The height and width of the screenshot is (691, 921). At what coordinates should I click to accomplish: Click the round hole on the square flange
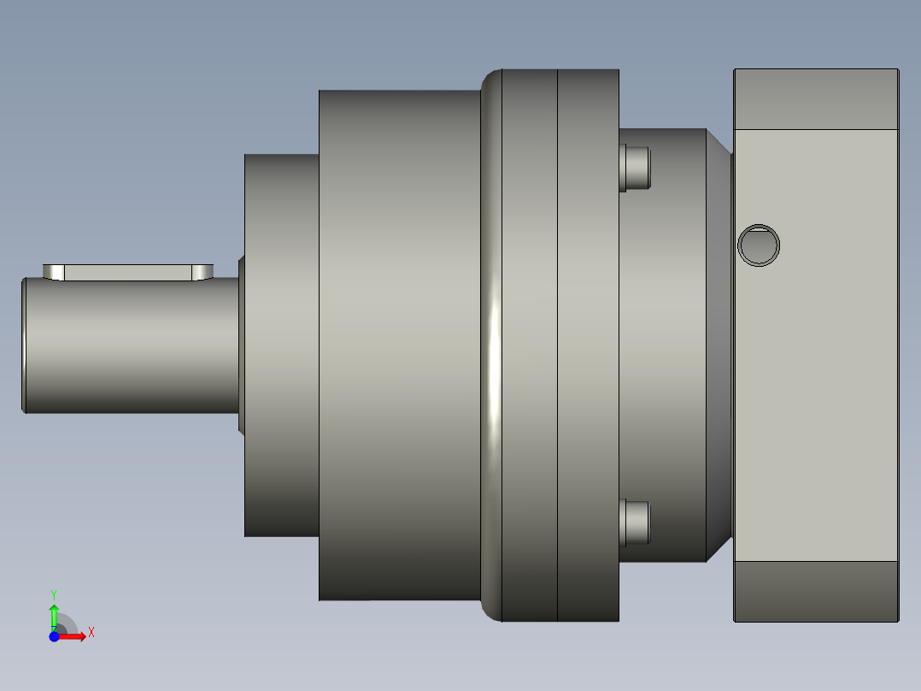click(759, 245)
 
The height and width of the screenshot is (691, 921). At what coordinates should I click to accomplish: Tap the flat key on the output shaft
click(128, 272)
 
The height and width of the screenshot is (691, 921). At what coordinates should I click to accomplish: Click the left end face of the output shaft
click(24, 345)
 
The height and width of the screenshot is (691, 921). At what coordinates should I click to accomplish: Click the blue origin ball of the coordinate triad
click(54, 636)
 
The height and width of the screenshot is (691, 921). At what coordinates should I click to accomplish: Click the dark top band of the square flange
click(816, 99)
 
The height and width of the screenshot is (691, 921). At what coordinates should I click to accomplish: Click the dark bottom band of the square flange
click(816, 591)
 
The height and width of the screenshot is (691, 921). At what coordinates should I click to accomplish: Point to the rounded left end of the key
click(54, 272)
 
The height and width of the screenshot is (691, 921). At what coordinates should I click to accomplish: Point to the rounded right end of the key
click(202, 272)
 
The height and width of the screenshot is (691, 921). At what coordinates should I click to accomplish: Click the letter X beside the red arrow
click(91, 633)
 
